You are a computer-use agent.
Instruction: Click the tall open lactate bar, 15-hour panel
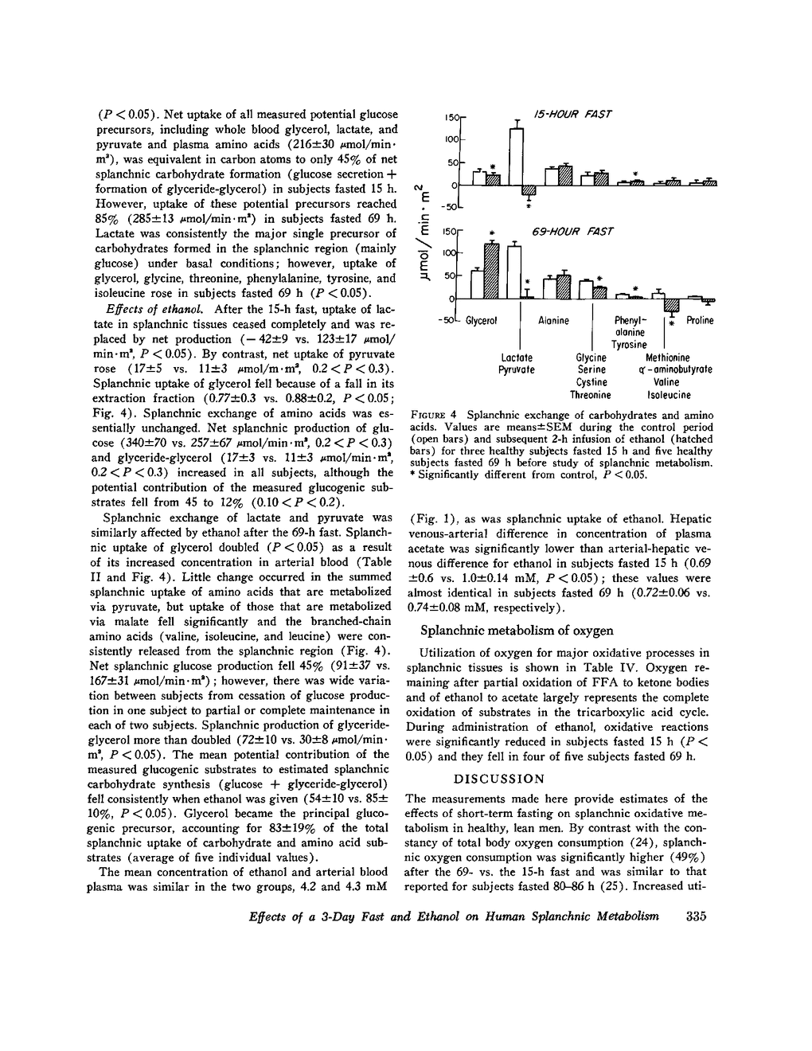(517, 156)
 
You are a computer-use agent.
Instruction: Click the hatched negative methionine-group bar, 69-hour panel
(671, 305)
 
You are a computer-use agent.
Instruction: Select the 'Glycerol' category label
(481, 321)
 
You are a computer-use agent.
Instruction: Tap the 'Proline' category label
(700, 321)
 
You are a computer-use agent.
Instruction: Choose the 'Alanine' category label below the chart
(553, 321)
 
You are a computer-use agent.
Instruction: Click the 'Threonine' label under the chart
(590, 395)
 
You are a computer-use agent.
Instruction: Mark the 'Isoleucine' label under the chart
(669, 395)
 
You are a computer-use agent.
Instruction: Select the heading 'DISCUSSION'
(499, 779)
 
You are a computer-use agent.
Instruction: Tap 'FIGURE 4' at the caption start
(435, 415)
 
